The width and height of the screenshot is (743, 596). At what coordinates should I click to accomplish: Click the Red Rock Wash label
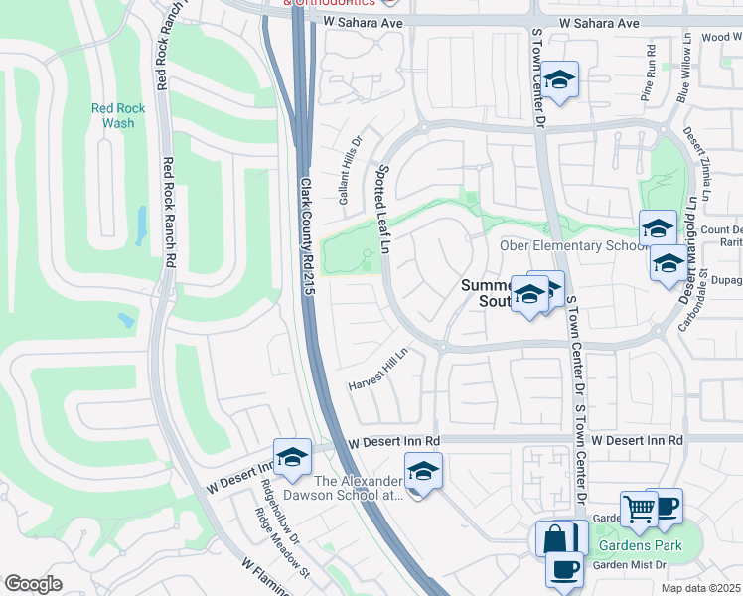coord(118,116)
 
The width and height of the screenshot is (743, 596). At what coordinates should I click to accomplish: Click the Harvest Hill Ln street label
coord(378,369)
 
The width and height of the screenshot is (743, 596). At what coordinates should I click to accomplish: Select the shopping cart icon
coord(639,509)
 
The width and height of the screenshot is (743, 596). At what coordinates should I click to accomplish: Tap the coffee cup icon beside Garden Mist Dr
coord(565,570)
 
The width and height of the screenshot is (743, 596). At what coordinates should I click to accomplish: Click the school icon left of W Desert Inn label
coord(292,456)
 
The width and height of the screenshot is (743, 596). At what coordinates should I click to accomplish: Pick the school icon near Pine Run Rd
coord(560,80)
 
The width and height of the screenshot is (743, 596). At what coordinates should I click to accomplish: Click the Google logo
coord(33,584)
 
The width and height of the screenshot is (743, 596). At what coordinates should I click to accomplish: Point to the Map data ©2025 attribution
coord(699,588)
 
